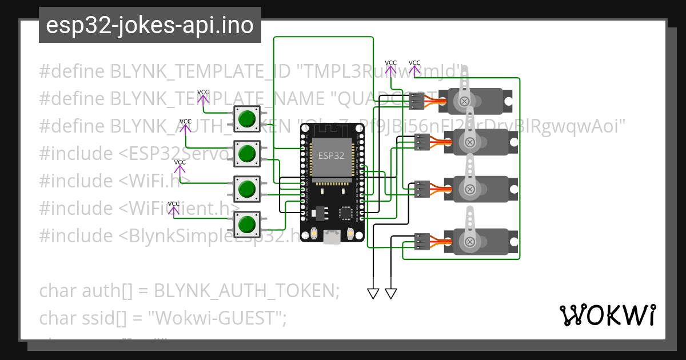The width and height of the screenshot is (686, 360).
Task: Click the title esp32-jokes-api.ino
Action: pyautogui.click(x=150, y=25)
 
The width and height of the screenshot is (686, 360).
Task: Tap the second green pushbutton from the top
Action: pyautogui.click(x=247, y=153)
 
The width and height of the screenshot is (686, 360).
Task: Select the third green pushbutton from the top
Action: pyautogui.click(x=247, y=189)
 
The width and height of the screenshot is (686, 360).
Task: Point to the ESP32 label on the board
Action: pyautogui.click(x=332, y=155)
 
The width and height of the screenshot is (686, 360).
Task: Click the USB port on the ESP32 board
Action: pyautogui.click(x=331, y=237)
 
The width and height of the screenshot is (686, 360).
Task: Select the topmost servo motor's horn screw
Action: pyautogui.click(x=465, y=101)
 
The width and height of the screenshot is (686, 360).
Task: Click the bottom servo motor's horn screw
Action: pyautogui.click(x=470, y=242)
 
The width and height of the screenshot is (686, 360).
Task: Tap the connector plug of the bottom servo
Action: pyautogui.click(x=422, y=242)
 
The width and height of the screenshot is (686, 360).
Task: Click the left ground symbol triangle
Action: pyautogui.click(x=373, y=294)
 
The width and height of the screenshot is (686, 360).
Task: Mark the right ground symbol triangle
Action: pyautogui.click(x=391, y=294)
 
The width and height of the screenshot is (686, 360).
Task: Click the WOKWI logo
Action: pyautogui.click(x=608, y=315)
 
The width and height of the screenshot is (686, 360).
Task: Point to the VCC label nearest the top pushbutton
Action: pyautogui.click(x=203, y=93)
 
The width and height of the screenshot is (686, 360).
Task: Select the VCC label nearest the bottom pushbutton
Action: pyautogui.click(x=174, y=204)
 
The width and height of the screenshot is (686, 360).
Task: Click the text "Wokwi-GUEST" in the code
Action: pyautogui.click(x=217, y=318)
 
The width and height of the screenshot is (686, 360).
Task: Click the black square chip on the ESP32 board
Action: pyautogui.click(x=346, y=213)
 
